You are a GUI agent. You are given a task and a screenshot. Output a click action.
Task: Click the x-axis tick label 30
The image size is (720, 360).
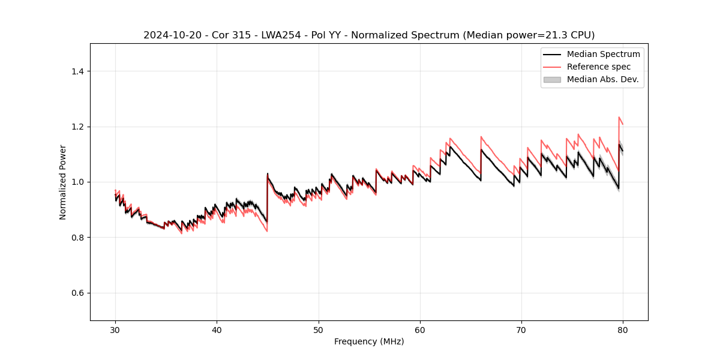point(115,330)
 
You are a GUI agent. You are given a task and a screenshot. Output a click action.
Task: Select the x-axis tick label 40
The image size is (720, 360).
point(217,330)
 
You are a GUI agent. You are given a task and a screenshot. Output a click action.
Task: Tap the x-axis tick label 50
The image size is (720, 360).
point(318,330)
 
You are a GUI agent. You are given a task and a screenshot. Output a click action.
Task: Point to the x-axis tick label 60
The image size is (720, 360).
point(420,330)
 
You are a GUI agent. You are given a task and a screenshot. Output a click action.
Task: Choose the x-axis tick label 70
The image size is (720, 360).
point(521,330)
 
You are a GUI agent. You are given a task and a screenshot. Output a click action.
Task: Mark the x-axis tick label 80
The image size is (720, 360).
point(623,330)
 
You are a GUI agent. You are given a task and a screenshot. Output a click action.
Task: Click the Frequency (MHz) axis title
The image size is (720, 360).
point(369,341)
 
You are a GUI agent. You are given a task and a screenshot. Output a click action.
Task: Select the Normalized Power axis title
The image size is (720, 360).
point(63,182)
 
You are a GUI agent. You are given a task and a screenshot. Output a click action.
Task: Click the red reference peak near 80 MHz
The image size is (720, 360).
point(619,118)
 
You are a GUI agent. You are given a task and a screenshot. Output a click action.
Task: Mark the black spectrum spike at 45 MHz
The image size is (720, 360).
point(268,174)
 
